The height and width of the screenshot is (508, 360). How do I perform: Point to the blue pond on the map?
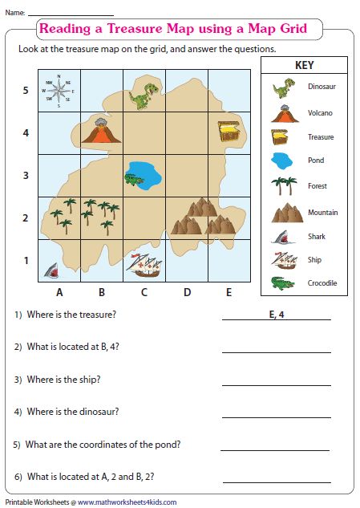point(144,173)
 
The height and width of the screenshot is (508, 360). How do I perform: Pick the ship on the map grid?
point(144,264)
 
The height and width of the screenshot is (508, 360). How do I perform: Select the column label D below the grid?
point(187,292)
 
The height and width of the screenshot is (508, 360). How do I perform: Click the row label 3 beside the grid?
point(26,175)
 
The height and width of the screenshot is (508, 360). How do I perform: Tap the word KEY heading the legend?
point(304,65)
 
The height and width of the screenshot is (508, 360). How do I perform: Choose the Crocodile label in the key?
point(322,283)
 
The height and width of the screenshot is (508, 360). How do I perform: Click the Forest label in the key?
point(318,186)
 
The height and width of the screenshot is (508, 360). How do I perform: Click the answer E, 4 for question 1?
point(277,314)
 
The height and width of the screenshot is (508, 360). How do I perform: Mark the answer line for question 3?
point(276,384)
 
